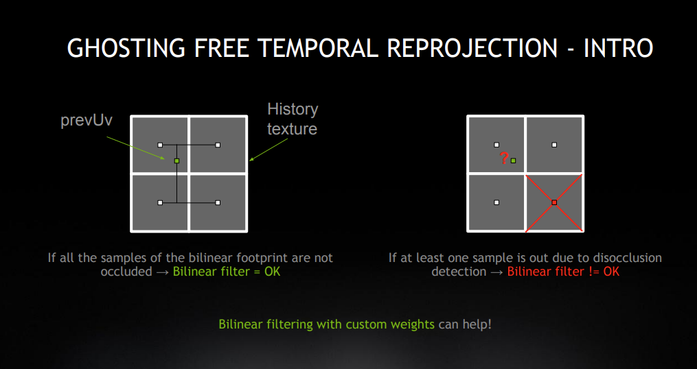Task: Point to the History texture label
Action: [x=293, y=119]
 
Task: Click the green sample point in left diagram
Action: [x=176, y=160]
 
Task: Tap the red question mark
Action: [x=504, y=159]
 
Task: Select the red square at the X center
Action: [x=554, y=202]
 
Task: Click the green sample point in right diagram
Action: [x=513, y=160]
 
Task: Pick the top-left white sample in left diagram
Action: [x=160, y=145]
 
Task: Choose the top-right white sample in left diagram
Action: [x=218, y=145]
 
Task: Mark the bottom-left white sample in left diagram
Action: [x=160, y=202]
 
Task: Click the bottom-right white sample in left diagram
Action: [x=218, y=202]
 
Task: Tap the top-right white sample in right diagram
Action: [x=554, y=145]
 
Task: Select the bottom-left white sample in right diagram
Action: [x=496, y=202]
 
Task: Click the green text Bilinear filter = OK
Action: [x=226, y=272]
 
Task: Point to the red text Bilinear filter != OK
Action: [x=563, y=272]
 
